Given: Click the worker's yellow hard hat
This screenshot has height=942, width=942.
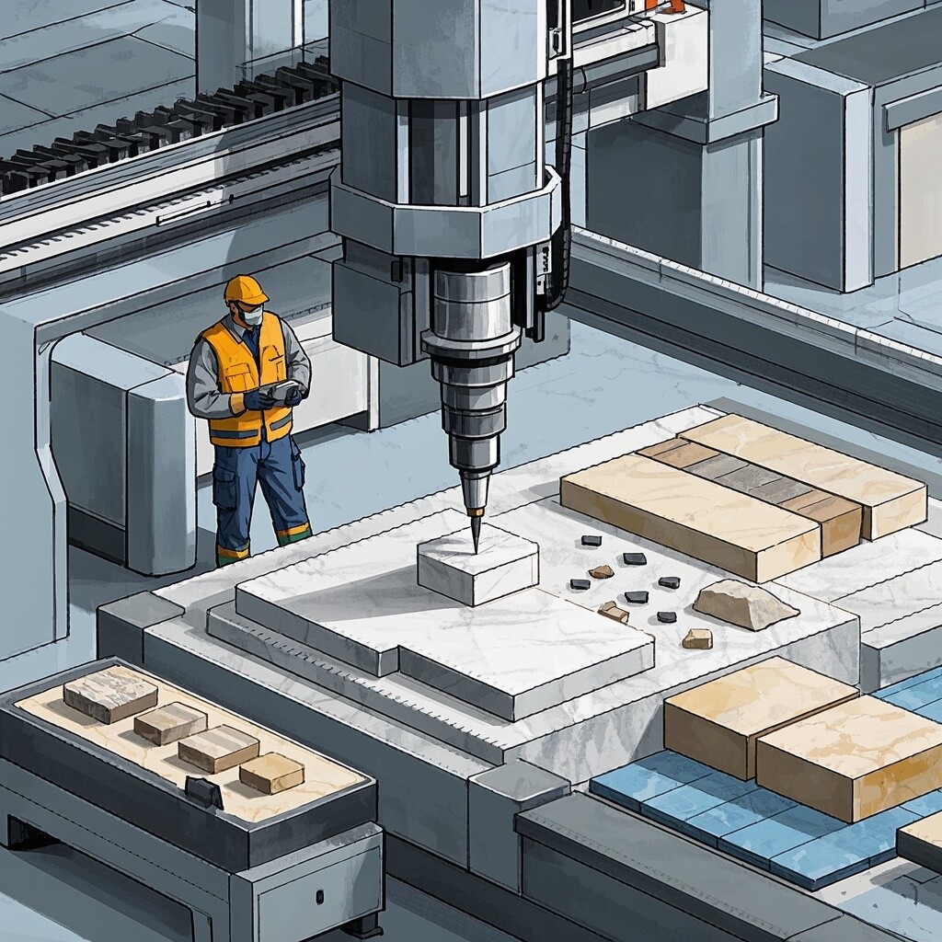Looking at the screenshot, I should point(245,290).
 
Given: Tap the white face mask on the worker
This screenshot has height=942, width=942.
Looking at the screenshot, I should point(251,316).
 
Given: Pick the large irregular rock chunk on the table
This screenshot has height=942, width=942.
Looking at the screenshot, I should point(743,604).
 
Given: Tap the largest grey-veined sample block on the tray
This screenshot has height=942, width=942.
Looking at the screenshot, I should point(109,693).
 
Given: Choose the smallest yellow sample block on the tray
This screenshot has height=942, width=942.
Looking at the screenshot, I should point(271,772).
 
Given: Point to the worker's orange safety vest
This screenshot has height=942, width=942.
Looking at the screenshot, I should point(244,377).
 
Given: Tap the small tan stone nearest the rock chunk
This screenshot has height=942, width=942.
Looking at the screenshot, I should point(696,638).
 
